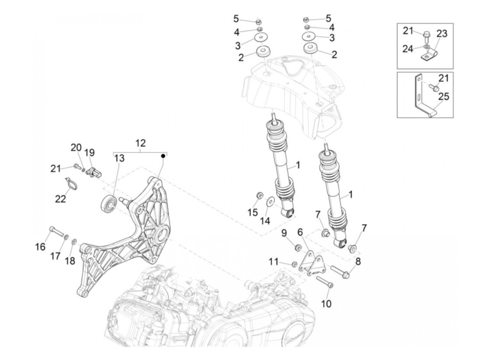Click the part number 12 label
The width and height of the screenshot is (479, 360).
140,143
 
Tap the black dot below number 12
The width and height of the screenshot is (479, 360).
163,156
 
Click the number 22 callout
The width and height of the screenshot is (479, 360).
61,198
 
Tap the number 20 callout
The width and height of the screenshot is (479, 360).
76,148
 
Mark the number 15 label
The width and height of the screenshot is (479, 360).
253,213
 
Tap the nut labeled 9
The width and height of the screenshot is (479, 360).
297,246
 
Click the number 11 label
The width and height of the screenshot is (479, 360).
273,262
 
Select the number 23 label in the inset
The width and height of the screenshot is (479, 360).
442,34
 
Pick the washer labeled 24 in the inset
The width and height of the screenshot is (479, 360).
427,46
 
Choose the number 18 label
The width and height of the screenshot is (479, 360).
70,261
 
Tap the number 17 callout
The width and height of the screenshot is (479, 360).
55,256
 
